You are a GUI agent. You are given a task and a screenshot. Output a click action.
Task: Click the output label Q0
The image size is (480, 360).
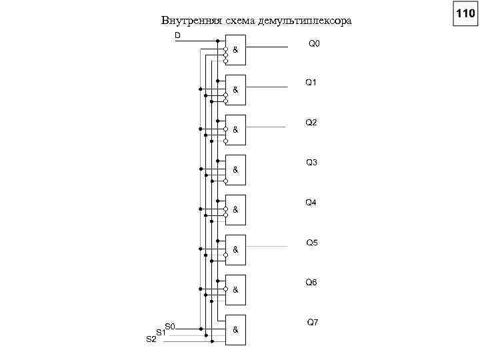coord(314,44)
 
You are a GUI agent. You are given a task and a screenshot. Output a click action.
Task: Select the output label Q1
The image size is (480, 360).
coord(311,83)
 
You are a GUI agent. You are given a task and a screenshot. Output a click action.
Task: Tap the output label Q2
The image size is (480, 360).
coord(311,123)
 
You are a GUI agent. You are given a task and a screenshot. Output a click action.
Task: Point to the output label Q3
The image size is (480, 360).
coord(311,162)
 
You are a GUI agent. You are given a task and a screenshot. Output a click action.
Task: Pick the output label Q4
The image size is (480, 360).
coord(311,202)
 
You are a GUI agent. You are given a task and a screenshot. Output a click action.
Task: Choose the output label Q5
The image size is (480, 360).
coord(311,242)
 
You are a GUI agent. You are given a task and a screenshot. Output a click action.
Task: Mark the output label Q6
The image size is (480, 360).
coord(311,282)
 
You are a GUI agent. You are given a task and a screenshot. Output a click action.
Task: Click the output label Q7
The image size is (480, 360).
coord(313,322)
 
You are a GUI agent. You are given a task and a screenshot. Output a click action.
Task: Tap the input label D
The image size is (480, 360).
coord(177,35)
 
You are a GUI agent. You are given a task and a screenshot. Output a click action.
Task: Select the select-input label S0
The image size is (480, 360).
coord(169,326)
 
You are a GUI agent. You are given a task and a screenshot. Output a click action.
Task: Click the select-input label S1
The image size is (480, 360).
coord(160,332)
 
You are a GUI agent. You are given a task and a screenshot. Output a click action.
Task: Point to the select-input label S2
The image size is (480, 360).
coord(151,339)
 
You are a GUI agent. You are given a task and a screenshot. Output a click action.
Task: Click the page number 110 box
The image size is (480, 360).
coord(465,13)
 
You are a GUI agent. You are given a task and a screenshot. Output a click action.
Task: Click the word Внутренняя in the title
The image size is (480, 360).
coord(184,21)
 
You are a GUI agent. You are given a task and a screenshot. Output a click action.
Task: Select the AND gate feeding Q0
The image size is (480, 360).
coord(236,50)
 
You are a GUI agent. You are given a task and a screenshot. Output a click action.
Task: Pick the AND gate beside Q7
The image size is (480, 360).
coord(236,330)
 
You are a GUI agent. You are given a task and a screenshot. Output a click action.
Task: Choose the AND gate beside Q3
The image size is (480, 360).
coord(236,170)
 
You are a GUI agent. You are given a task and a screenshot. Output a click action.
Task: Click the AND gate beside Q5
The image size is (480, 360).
coord(236,250)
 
